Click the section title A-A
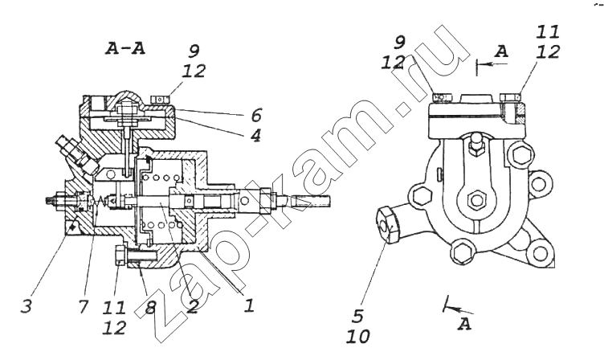pyautogui.click(x=125, y=48)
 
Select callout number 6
pyautogui.click(x=256, y=115)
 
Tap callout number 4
pyautogui.click(x=255, y=135)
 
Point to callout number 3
pyautogui.click(x=27, y=306)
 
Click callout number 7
pyautogui.click(x=84, y=306)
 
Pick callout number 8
pyautogui.click(x=151, y=307)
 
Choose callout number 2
pyautogui.click(x=192, y=306)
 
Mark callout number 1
pyautogui.click(x=249, y=305)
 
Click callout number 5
pyautogui.click(x=358, y=316)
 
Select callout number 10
pyautogui.click(x=358, y=337)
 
